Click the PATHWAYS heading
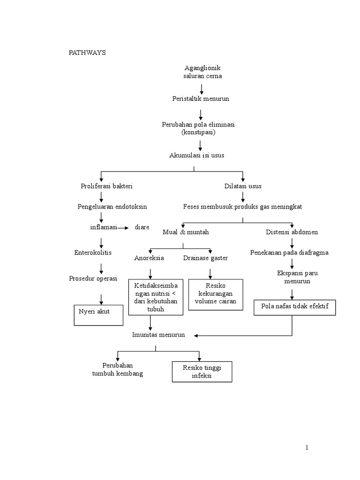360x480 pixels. pos(88,52)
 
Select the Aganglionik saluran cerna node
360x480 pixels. pos(202,72)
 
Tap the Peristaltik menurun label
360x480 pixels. pos(200,99)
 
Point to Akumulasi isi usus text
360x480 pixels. pos(197,155)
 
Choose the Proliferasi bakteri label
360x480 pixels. pos(107,186)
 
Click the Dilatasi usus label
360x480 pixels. pos(243,186)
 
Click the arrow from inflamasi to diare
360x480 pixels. pos(122,228)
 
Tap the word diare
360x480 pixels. pos(142,227)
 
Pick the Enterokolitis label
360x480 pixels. pos(94,253)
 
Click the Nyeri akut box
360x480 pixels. pos(99,315)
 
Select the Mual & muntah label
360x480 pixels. pos(186,232)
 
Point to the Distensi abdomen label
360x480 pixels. pos(292,232)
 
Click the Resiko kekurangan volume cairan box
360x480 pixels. pos(216,294)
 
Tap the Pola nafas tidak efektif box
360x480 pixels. pos(295,307)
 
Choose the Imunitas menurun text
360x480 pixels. pos(158,335)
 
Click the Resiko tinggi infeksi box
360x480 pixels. pos(202,372)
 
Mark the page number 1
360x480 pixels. pos(307,448)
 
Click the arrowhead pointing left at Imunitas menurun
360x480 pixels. pos(197,336)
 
